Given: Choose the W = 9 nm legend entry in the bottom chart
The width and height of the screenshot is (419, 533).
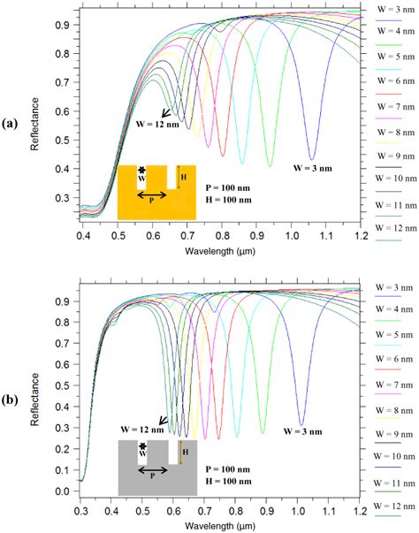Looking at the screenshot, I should pos(390,432).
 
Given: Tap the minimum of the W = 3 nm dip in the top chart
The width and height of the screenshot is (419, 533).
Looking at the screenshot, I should pos(312,159).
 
